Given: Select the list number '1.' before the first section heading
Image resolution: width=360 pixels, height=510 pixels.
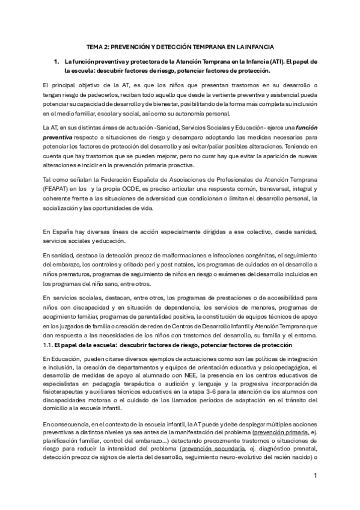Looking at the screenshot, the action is coord(57,62).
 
